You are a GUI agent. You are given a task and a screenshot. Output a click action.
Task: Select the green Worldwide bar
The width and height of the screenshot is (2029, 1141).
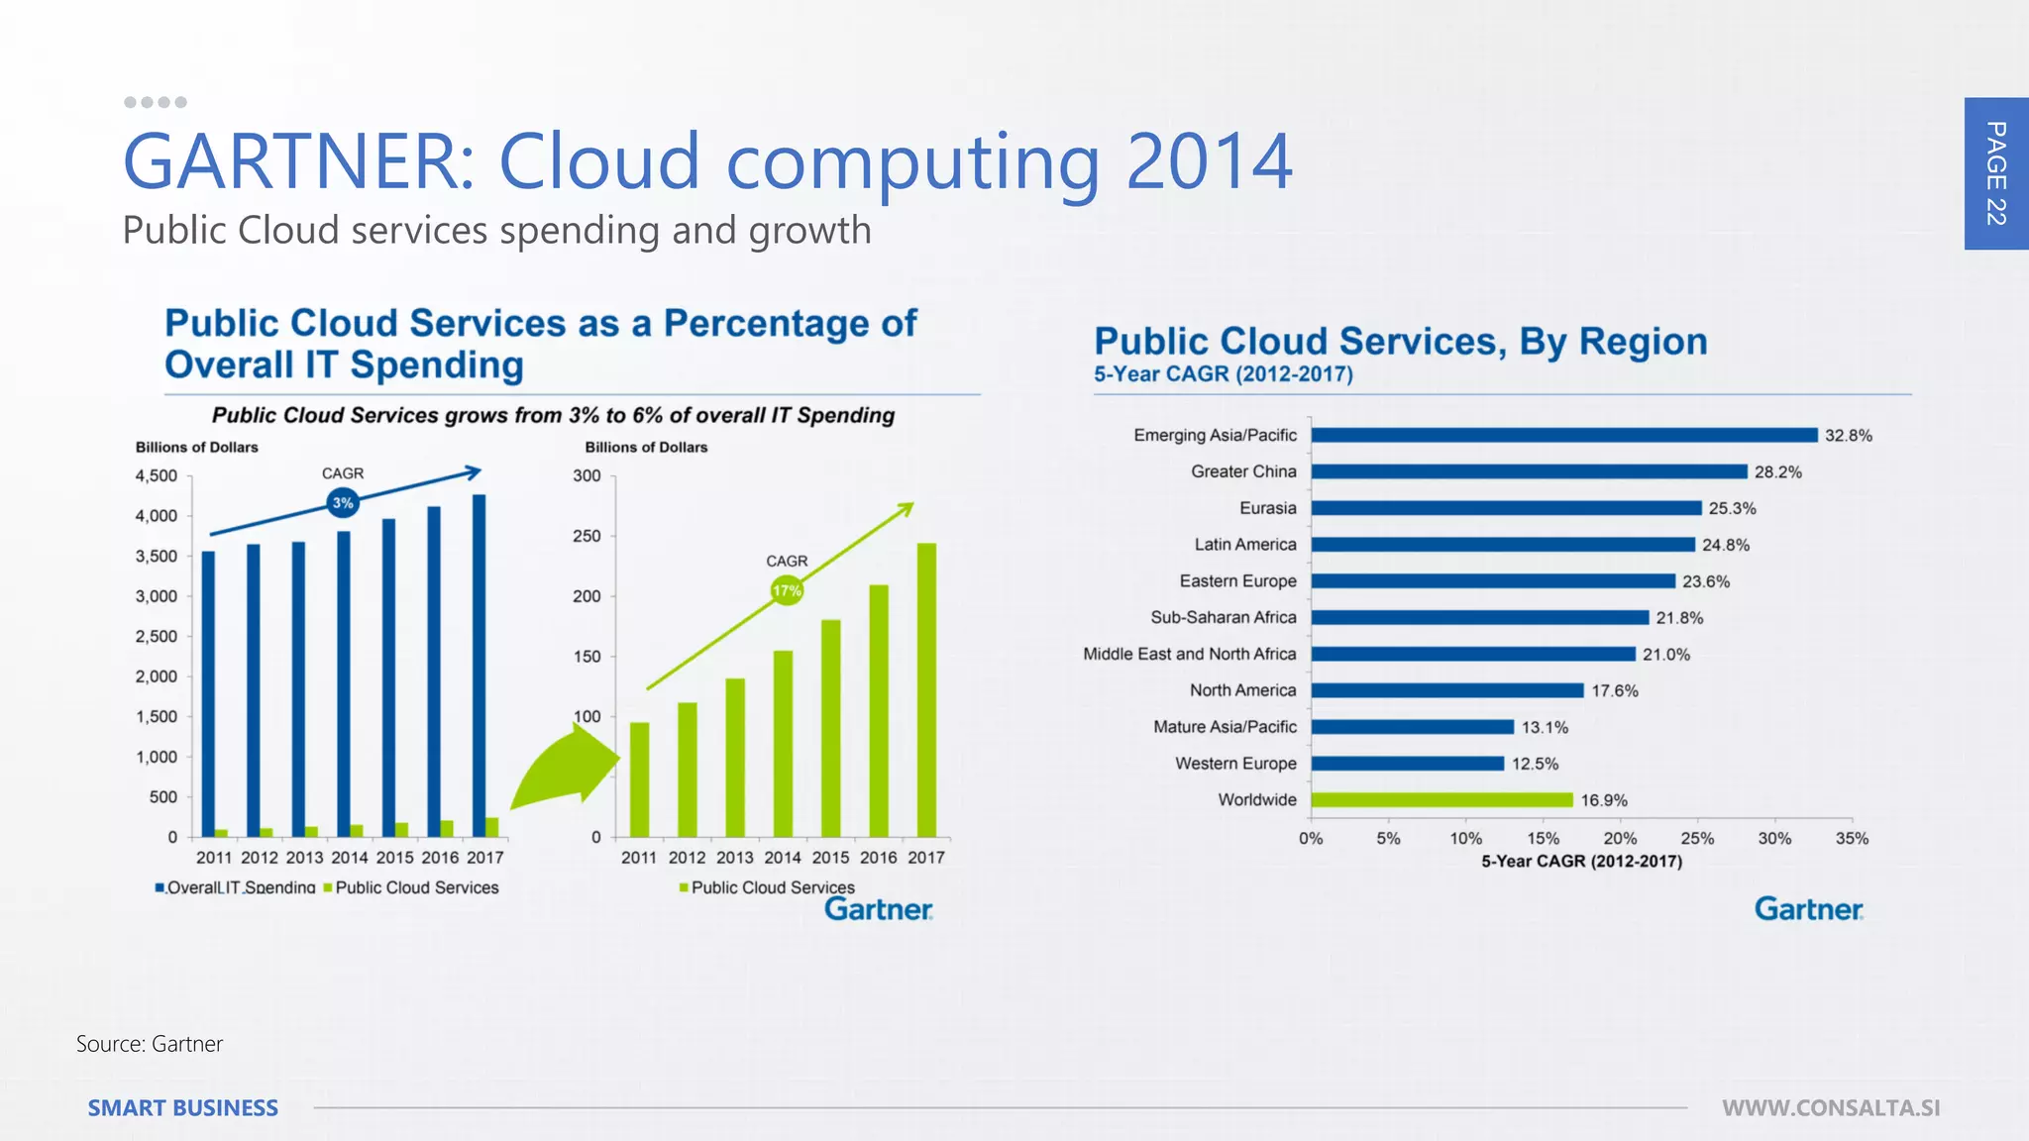coord(1442,799)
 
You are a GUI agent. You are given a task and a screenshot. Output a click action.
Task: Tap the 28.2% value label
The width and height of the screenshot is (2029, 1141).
coord(1777,472)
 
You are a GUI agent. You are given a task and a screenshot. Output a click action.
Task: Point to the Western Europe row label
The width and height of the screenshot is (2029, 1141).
coord(1235,764)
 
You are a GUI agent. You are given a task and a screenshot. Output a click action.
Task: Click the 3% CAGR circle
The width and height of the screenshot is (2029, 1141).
coord(343,503)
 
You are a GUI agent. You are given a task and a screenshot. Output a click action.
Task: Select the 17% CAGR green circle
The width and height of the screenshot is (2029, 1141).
coord(787,591)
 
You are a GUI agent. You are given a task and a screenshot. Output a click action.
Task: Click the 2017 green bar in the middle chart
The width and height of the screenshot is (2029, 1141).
coord(926,689)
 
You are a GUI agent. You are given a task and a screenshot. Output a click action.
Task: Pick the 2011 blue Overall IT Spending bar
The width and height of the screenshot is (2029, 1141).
coord(208,693)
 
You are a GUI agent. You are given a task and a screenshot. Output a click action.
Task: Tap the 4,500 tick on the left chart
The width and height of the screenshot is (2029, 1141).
coord(157,476)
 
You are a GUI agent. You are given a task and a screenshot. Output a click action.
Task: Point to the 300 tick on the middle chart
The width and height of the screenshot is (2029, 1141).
coord(587,476)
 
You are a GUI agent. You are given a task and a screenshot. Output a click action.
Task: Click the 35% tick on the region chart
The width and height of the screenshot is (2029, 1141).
coord(1851,839)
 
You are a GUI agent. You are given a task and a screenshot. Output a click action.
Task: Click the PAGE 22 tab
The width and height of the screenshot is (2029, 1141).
coord(1995,173)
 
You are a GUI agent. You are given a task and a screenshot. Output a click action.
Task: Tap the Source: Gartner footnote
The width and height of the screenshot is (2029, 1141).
coord(150,1044)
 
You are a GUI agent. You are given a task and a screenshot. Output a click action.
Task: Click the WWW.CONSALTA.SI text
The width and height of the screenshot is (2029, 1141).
coord(1831,1108)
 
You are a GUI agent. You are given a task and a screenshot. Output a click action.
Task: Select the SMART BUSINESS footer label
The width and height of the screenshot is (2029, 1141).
coord(183,1108)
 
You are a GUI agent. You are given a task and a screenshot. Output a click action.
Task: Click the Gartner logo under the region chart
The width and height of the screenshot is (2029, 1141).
coord(1808,909)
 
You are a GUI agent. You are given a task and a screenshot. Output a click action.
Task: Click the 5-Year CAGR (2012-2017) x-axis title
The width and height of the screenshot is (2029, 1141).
coord(1581,862)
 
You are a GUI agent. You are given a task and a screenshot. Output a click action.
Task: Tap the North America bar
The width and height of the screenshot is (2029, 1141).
coord(1446,690)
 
